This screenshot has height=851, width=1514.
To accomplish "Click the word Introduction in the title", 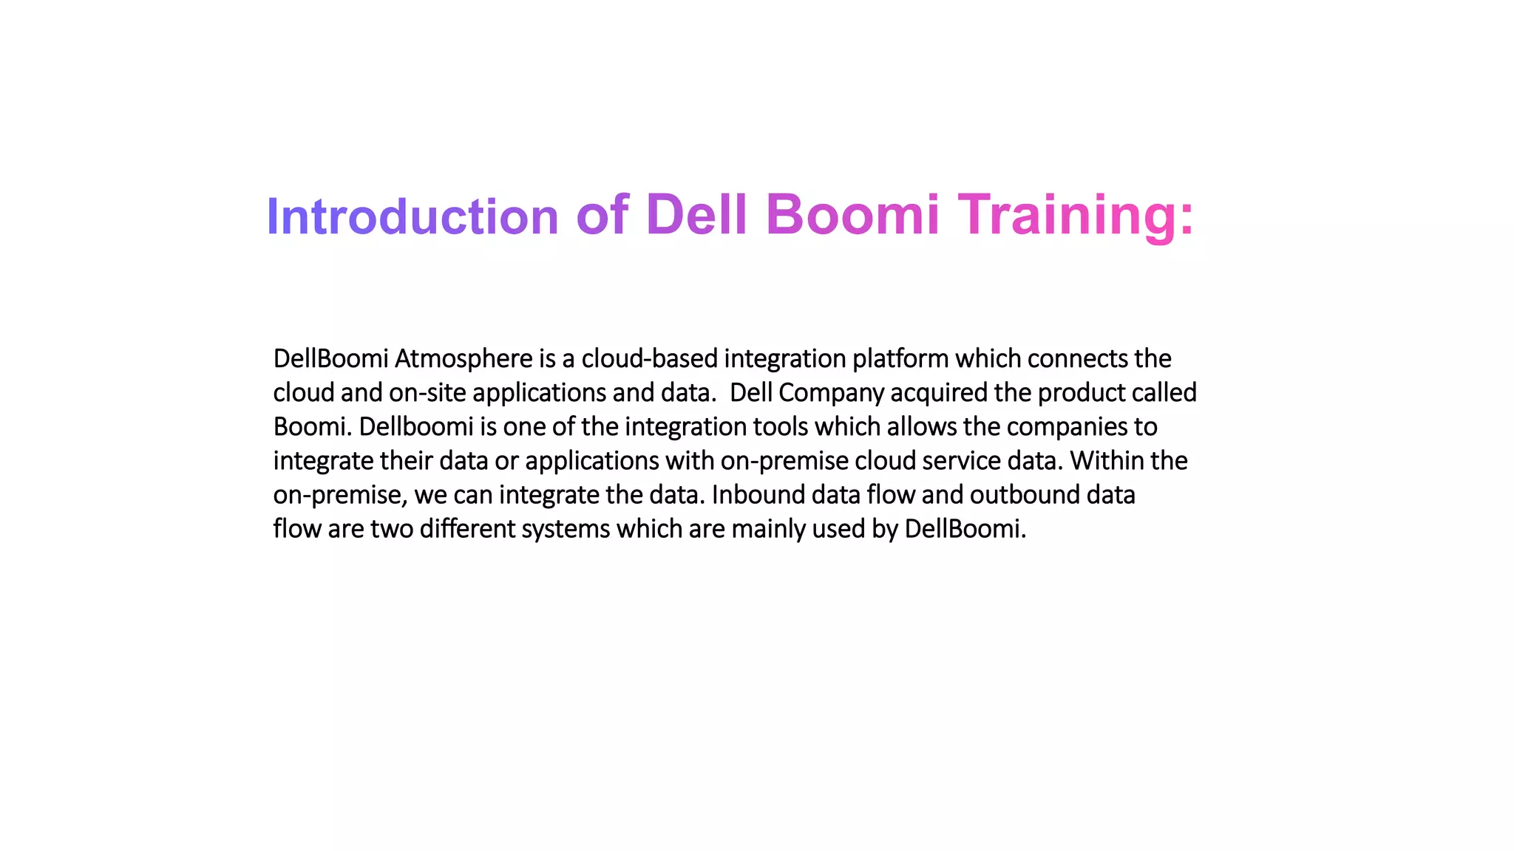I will (x=412, y=217).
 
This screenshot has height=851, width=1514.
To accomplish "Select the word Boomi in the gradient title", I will (x=852, y=214).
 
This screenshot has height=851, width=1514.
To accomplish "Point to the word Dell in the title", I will (x=696, y=214).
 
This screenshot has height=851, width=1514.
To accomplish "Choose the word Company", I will (x=831, y=393).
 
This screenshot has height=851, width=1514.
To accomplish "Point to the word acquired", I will (x=939, y=393).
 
